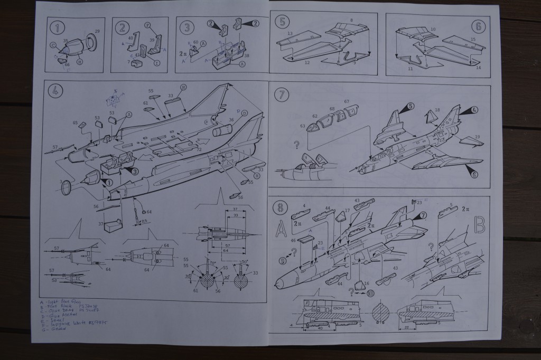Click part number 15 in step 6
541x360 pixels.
pyautogui.click(x=473, y=40)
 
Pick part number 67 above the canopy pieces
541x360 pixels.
pyautogui.click(x=347, y=101)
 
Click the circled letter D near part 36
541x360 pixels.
pyautogui.click(x=244, y=112)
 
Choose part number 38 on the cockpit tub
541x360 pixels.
pyautogui.click(x=246, y=55)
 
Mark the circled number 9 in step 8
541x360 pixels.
pyautogui.click(x=284, y=259)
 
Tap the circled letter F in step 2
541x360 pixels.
pyautogui.click(x=147, y=24)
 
